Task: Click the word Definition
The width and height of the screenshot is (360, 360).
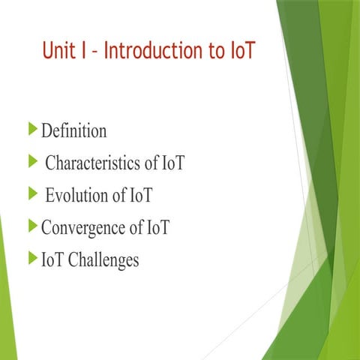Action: point(73,131)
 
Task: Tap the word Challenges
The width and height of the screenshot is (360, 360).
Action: point(104,260)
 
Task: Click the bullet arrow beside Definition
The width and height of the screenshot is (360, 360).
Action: point(32,130)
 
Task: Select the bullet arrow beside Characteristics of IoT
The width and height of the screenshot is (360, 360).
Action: point(32,162)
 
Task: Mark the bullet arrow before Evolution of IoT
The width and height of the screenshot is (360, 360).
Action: point(32,195)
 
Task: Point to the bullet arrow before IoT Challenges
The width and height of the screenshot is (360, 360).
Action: point(32,259)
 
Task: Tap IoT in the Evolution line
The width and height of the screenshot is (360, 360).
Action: point(140,196)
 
